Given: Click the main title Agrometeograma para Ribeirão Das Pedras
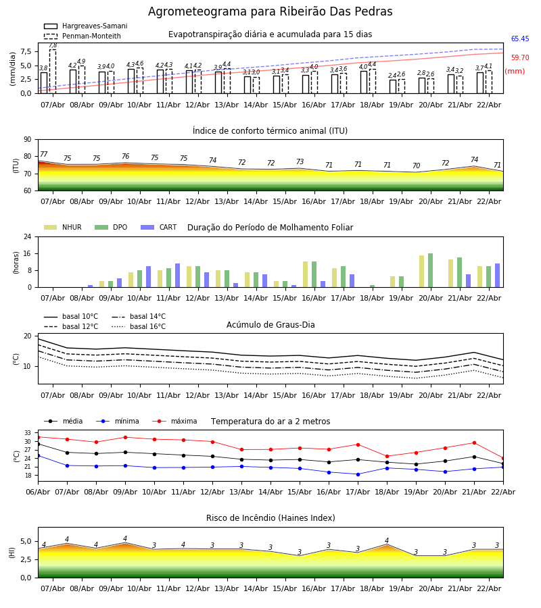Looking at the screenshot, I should point(270,12).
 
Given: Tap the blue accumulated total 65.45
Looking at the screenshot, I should point(520,39).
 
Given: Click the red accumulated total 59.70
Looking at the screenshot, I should point(520,58).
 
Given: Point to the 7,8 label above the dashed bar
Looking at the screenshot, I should point(53,45).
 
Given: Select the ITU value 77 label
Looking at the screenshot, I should point(44,155).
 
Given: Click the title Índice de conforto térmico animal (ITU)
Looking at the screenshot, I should point(270,131).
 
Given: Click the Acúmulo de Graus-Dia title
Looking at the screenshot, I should point(270,325).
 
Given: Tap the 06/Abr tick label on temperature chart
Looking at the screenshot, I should point(38,490).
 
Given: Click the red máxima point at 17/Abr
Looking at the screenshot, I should point(358,445).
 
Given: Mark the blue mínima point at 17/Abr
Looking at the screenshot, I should point(358,474).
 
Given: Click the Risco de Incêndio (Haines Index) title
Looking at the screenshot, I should point(270,518).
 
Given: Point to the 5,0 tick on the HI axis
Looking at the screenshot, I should point(24,542).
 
